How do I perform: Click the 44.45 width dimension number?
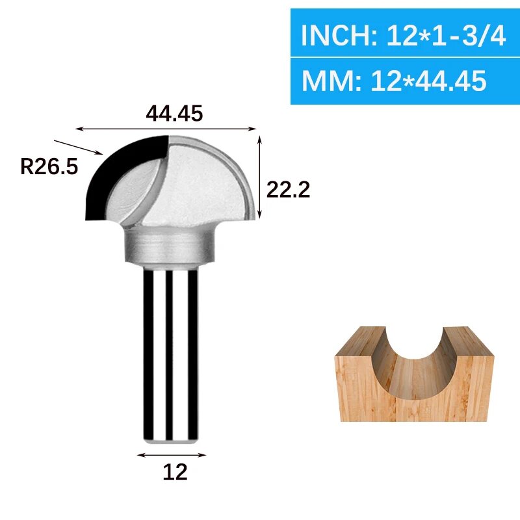(x=174, y=113)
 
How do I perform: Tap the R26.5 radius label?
(x=49, y=166)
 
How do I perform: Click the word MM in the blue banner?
(x=325, y=81)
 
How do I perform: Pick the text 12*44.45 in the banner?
(x=429, y=81)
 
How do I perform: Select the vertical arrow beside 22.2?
(x=260, y=177)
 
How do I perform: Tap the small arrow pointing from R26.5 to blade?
(x=78, y=147)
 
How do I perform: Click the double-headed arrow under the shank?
(x=172, y=455)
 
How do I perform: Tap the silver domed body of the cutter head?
(x=208, y=182)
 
